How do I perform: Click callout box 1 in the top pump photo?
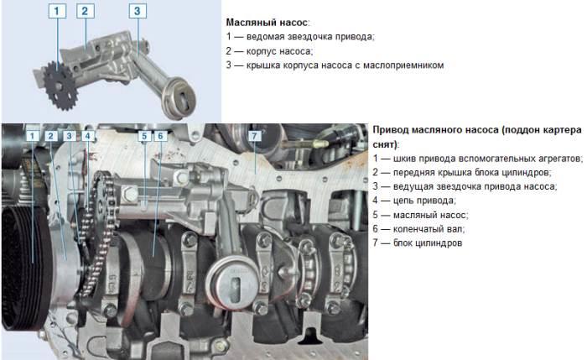56,12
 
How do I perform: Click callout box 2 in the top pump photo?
84,12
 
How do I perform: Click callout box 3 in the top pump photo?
138,12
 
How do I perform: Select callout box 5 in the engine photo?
144,135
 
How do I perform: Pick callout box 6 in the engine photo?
160,135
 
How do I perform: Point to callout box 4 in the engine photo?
87,136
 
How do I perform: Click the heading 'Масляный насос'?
268,22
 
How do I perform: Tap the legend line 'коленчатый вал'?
419,228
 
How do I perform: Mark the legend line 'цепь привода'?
414,201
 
